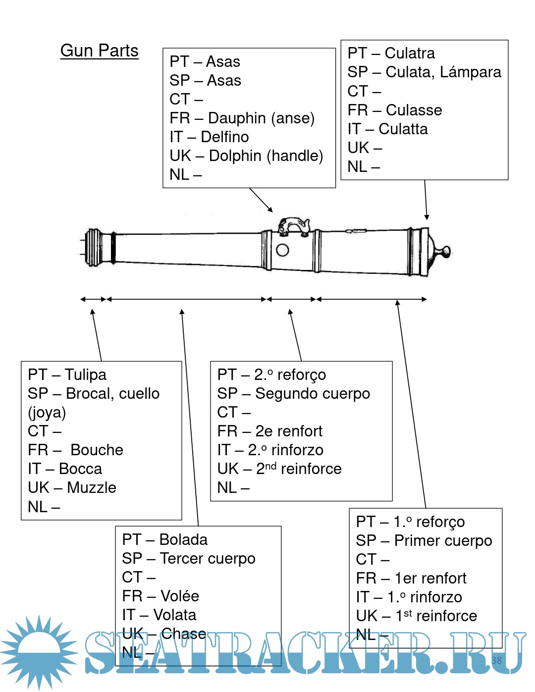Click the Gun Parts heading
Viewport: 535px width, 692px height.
(x=99, y=51)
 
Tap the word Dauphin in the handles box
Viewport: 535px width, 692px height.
(x=237, y=118)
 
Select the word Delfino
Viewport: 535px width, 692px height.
(x=224, y=137)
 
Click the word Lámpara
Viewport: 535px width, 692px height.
(x=470, y=72)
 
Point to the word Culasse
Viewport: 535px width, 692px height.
(x=414, y=110)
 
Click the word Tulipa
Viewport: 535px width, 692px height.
(x=85, y=374)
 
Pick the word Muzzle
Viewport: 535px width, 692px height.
(x=92, y=488)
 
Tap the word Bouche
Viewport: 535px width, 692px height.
(x=97, y=450)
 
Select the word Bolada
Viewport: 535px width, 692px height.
(x=183, y=539)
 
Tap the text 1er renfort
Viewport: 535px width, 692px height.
(x=430, y=578)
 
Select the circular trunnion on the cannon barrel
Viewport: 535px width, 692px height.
(x=282, y=250)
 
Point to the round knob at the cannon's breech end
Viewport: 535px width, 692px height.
(x=445, y=251)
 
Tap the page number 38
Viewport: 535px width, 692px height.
(x=496, y=660)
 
